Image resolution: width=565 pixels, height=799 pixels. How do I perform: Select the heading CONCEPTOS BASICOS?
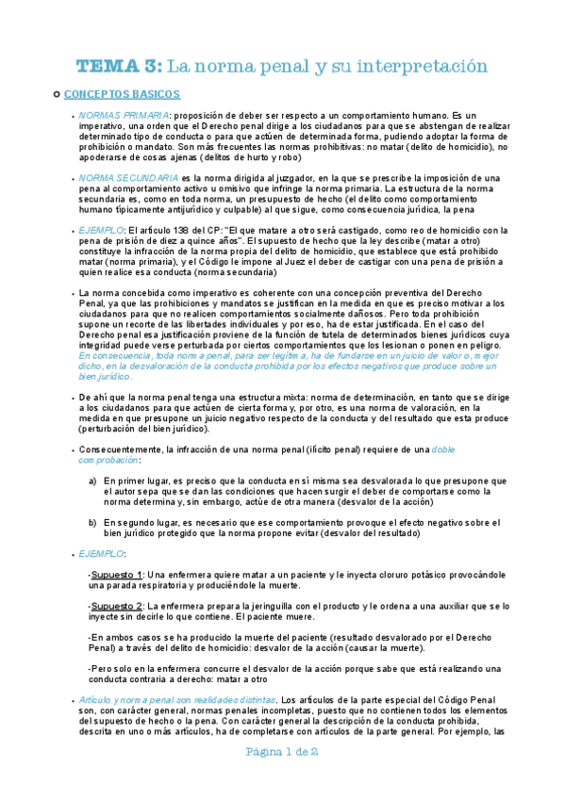coord(122,94)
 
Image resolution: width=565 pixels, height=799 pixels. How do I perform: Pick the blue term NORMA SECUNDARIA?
coord(128,177)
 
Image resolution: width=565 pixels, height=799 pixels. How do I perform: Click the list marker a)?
coord(92,481)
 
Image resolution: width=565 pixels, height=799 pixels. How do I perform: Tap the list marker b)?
coord(92,521)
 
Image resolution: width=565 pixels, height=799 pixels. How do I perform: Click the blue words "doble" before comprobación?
coord(474,450)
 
